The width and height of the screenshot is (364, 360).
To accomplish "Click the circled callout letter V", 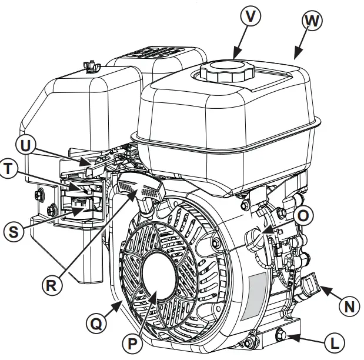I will click(x=251, y=16).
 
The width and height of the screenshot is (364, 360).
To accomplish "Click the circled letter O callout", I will click(x=302, y=216).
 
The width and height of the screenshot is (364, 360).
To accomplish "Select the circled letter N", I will click(x=349, y=306).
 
